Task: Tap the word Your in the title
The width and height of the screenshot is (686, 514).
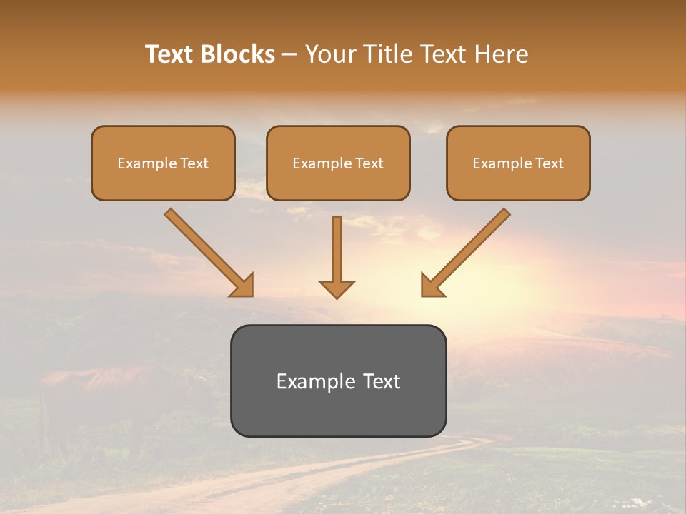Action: (332, 54)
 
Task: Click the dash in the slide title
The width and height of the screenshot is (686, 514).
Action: (290, 54)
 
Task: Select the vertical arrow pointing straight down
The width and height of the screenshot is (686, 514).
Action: (337, 257)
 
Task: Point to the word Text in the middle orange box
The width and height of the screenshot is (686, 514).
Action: (369, 163)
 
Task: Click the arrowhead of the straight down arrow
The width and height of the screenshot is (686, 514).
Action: (337, 288)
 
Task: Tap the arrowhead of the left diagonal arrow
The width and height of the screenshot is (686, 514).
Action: (243, 285)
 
